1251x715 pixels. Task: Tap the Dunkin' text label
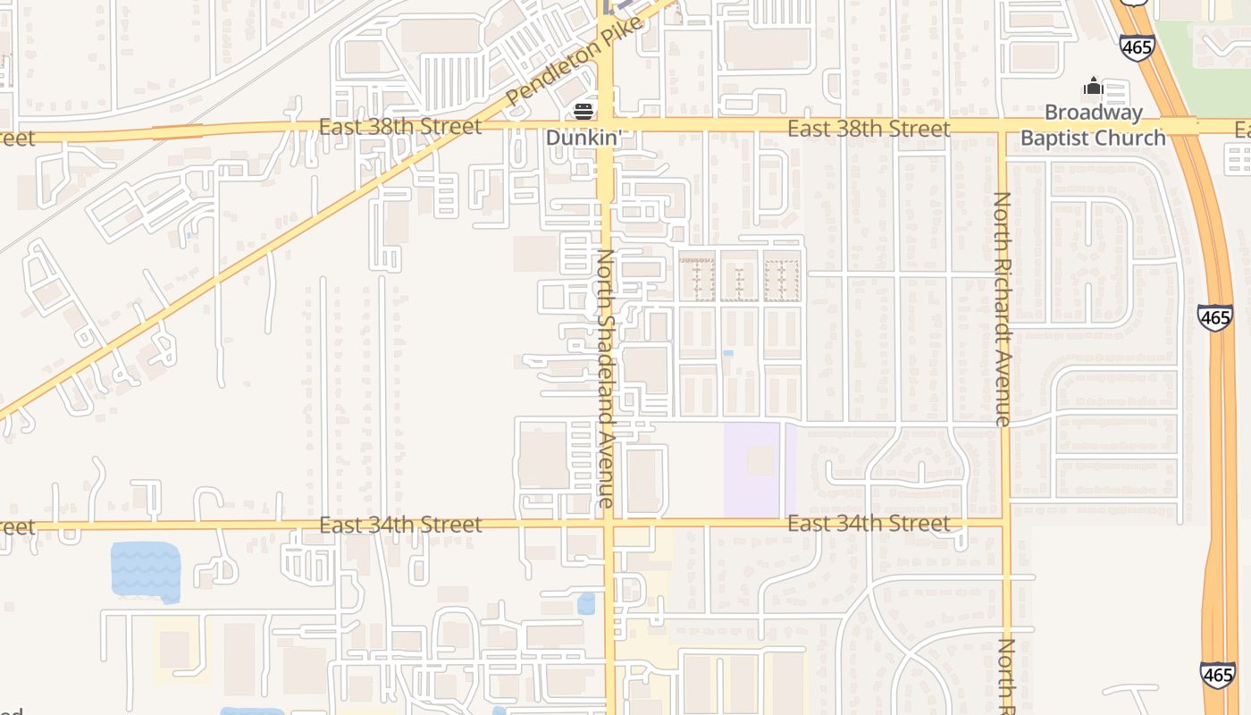[x=584, y=139]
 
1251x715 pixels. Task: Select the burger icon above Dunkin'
[x=584, y=112]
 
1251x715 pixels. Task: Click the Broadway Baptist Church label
[x=1093, y=125]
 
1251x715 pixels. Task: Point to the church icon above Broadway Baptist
[x=1093, y=88]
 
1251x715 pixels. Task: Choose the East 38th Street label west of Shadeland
[x=400, y=127]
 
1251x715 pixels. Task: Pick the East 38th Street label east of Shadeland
[x=869, y=130]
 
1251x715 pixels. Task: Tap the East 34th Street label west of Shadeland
[x=400, y=525]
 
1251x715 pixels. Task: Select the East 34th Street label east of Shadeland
[x=869, y=523]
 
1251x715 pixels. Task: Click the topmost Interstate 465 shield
[x=1137, y=47]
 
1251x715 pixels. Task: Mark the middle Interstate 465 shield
[x=1215, y=317]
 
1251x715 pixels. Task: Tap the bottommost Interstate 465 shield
[x=1217, y=676]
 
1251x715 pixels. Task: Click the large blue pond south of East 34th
[x=145, y=570]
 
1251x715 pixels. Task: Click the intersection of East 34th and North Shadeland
[x=609, y=525]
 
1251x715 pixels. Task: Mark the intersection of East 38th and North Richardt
[x=1003, y=128]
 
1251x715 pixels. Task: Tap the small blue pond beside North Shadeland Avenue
[x=586, y=604]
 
